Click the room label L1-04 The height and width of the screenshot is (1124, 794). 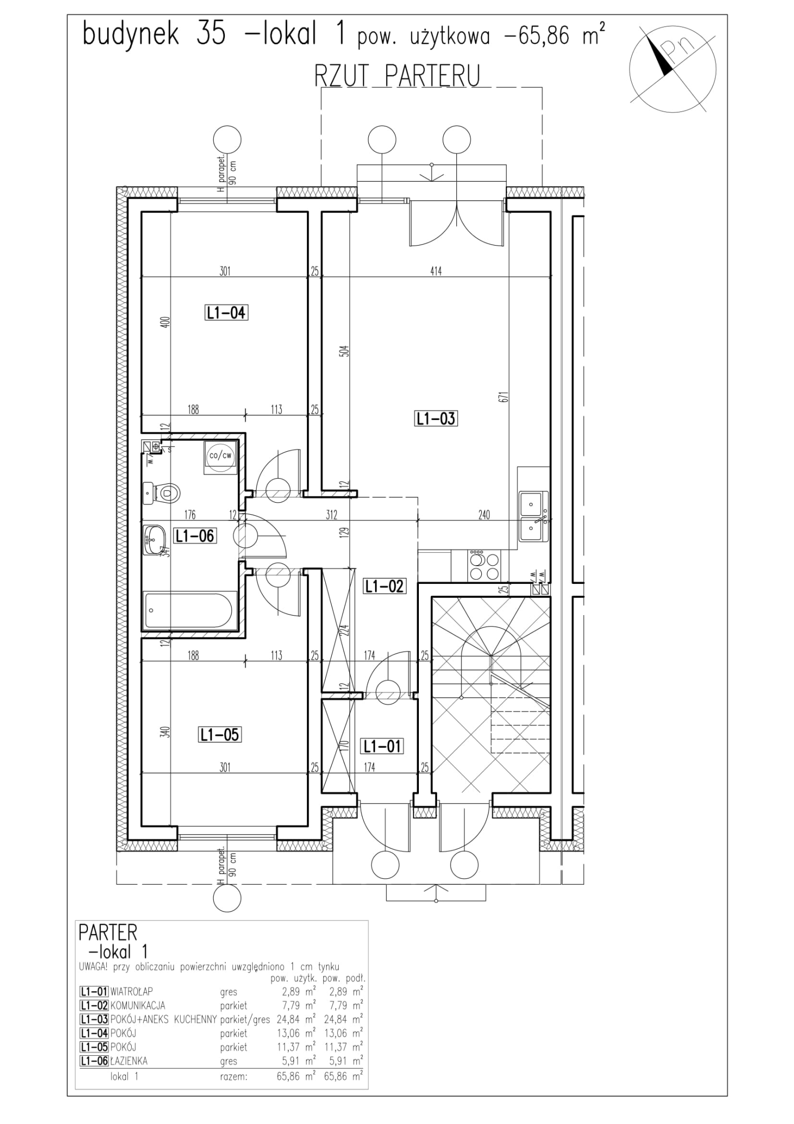(226, 313)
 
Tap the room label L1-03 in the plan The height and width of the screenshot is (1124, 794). (436, 418)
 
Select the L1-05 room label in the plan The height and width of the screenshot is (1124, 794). (220, 734)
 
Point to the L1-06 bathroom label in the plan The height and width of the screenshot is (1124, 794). (195, 535)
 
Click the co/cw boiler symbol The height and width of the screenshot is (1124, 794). (220, 455)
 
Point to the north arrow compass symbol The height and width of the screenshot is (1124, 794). (668, 70)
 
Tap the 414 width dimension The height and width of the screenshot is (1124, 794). (436, 271)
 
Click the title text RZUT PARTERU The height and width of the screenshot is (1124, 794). (397, 75)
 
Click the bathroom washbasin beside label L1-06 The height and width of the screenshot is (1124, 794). (153, 539)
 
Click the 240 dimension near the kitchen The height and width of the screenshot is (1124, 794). (483, 515)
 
